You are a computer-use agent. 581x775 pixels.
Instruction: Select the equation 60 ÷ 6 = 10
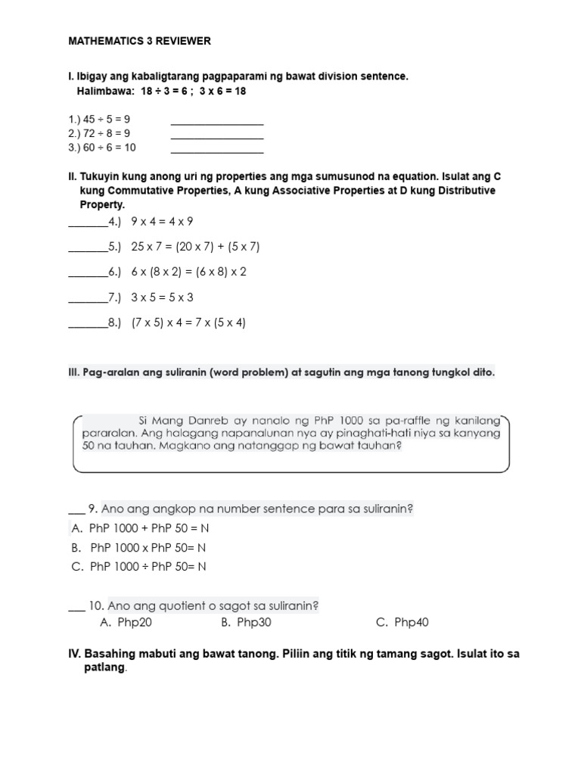110,148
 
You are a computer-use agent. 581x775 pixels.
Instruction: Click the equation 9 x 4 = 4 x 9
162,222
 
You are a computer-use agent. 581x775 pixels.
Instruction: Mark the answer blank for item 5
88,247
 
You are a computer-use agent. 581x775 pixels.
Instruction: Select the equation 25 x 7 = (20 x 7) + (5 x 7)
195,247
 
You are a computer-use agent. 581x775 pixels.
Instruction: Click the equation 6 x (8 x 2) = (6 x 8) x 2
189,272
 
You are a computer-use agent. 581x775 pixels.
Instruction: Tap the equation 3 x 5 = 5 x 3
162,297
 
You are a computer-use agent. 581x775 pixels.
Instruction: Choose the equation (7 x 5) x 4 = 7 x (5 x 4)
189,322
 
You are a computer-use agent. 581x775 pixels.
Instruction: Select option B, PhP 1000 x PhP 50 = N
138,547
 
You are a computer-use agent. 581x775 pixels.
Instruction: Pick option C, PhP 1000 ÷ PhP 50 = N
138,566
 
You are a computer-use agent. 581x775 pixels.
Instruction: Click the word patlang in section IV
104,668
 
